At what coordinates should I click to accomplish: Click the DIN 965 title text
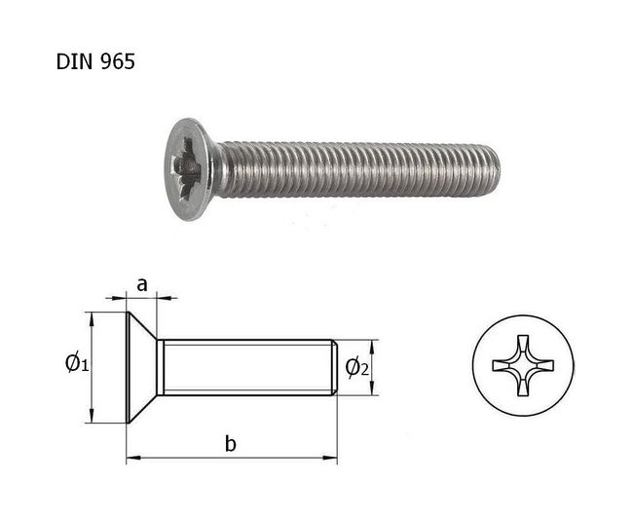(x=95, y=62)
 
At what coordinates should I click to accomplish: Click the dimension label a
(x=142, y=285)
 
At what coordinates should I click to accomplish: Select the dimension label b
(x=231, y=443)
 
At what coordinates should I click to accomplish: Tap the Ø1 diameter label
(x=77, y=363)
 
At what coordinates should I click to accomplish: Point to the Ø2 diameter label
(x=356, y=368)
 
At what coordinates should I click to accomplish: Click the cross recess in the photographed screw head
(x=185, y=168)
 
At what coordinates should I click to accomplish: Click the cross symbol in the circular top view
(x=523, y=366)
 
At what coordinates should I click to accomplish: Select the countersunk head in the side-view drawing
(x=142, y=367)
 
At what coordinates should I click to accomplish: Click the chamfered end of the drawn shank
(x=335, y=367)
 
